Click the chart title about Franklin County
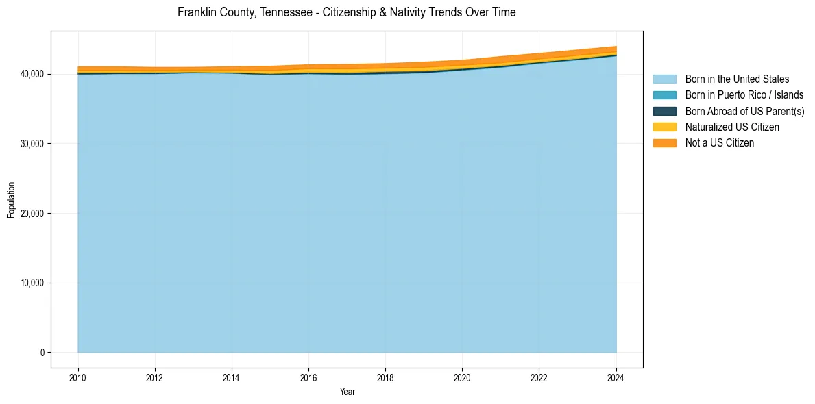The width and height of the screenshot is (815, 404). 346,12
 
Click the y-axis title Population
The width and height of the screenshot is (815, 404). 11,200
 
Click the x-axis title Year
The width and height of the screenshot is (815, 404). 347,392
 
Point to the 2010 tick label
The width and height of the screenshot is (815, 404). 78,377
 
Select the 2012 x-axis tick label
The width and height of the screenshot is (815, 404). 155,377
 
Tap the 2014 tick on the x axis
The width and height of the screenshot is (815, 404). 232,377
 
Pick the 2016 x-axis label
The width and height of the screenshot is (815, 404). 308,377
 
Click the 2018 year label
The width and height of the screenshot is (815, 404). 385,377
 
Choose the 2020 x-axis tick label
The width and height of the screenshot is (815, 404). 462,377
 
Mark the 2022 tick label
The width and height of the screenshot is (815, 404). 539,377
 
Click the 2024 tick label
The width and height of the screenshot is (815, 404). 616,377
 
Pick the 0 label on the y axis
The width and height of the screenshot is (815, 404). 41,353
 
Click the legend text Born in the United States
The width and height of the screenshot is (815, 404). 737,79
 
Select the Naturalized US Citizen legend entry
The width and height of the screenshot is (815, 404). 732,127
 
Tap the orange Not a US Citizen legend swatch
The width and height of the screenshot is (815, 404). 664,143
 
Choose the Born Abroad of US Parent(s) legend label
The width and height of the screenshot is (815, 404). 744,112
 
